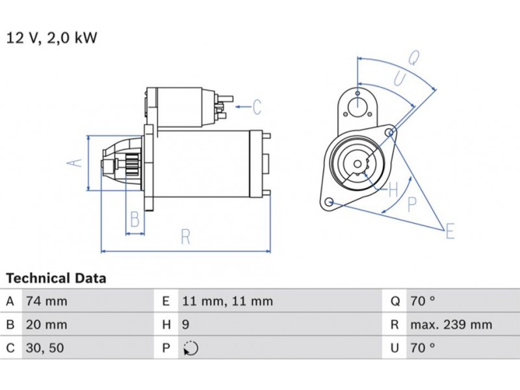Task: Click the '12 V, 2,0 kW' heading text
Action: pyautogui.click(x=51, y=38)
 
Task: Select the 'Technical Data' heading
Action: pyautogui.click(x=57, y=279)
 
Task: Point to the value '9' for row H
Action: pyautogui.click(x=185, y=325)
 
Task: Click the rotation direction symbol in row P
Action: pyautogui.click(x=189, y=349)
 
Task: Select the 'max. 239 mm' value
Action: pyautogui.click(x=450, y=325)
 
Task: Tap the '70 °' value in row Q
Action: pyautogui.click(x=422, y=302)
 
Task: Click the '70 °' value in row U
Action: pyautogui.click(x=422, y=348)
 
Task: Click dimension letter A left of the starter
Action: pyautogui.click(x=77, y=162)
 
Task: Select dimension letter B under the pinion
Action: pyautogui.click(x=135, y=220)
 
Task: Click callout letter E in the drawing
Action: pyautogui.click(x=450, y=230)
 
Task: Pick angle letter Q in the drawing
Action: pyautogui.click(x=413, y=58)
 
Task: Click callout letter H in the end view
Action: pyautogui.click(x=393, y=190)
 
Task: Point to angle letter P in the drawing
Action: pyautogui.click(x=411, y=204)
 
